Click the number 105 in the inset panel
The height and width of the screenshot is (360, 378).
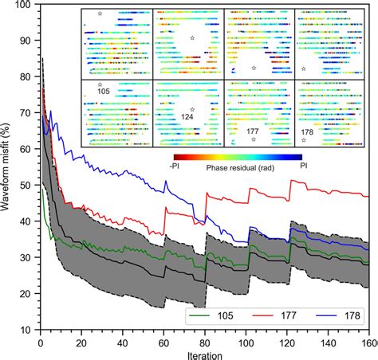102,92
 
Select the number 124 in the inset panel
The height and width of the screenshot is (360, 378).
187,117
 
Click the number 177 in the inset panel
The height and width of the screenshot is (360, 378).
254,130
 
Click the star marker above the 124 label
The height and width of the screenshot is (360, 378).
191,109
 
